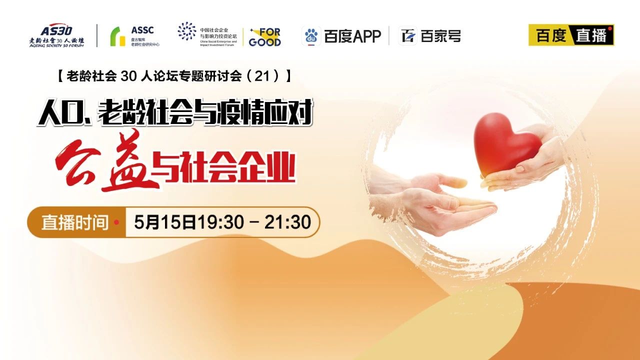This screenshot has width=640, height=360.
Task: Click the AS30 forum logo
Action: coord(56,35)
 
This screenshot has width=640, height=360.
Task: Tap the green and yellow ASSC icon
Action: coord(117,36)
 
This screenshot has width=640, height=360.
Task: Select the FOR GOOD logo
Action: coord(265,37)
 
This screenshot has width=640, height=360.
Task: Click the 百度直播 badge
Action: coord(571,35)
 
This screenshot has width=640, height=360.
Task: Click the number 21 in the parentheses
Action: coord(262,76)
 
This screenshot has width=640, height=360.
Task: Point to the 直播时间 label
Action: coord(75,222)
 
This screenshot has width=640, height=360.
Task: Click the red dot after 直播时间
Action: coord(116,222)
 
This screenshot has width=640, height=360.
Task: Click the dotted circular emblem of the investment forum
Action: coord(187,31)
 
